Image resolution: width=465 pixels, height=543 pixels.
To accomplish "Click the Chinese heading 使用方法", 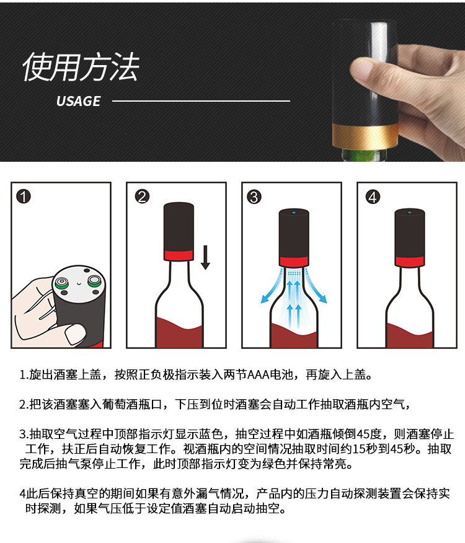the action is tap(81, 67).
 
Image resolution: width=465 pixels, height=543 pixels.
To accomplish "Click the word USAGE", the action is tap(78, 101).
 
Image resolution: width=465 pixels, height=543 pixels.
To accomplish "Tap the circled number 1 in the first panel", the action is tap(24, 196).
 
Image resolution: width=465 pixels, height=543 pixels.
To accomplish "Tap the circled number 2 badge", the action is tap(142, 196).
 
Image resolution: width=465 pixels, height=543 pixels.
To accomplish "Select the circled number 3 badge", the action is tap(254, 196).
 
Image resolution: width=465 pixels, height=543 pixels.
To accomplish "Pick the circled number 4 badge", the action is tap(373, 196).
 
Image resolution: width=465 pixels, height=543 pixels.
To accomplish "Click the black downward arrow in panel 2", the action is tap(205, 257).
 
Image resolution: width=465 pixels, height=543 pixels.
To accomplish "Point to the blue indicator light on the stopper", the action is tap(294, 213).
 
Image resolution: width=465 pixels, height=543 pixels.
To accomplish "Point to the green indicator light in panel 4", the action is tap(410, 213).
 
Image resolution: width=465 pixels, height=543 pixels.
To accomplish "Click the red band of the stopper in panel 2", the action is tap(179, 255).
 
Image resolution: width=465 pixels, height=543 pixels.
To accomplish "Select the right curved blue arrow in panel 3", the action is tap(317, 287).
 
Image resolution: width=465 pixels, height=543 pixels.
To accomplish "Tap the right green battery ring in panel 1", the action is tap(94, 281).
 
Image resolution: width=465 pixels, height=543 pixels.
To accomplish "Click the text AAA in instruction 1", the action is tap(259, 375).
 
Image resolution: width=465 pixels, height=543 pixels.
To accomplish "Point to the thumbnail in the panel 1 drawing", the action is tap(75, 335).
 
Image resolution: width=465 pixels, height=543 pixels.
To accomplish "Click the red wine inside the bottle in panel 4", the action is tap(410, 335).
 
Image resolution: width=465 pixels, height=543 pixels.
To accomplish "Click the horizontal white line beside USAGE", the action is tap(201, 101).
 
